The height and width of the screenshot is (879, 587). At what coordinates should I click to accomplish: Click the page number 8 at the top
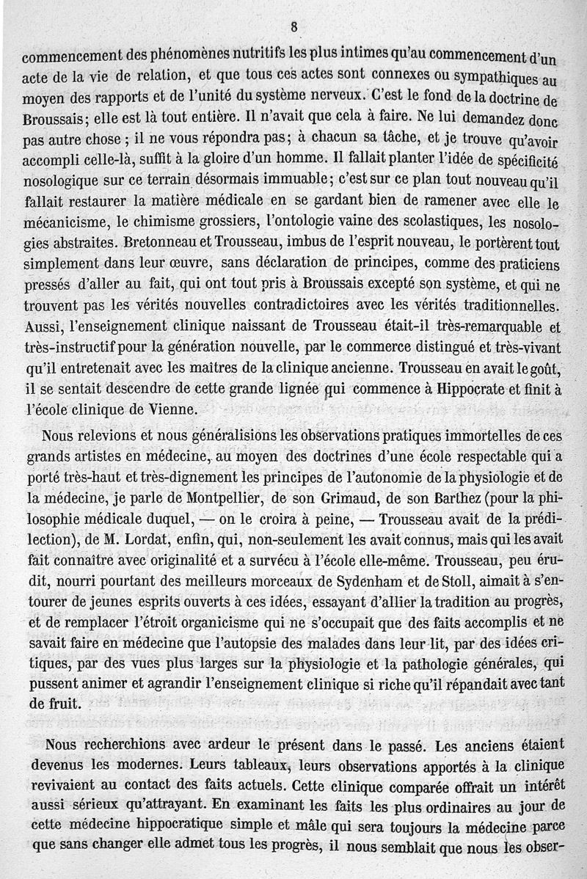pos(293,27)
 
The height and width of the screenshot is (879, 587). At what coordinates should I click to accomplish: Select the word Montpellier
pos(203,480)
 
